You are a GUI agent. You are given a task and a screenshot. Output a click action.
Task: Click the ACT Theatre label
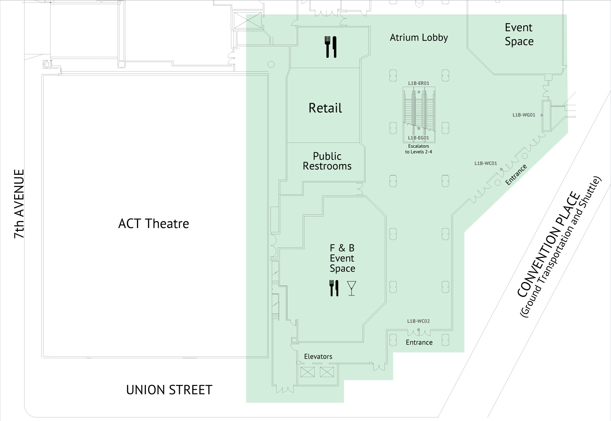tap(153, 223)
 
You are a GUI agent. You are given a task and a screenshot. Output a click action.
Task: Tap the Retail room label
tap(325, 108)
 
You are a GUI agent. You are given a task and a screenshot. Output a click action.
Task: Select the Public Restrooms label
tap(327, 161)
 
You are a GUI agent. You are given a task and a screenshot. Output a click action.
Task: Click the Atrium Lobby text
tap(419, 38)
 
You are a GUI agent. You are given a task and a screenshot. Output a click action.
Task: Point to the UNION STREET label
tap(169, 390)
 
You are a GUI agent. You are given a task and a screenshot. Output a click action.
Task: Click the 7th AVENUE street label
tap(19, 204)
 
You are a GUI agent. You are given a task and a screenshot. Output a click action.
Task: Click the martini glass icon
tap(352, 288)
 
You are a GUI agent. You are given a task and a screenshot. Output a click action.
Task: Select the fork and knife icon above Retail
tap(330, 47)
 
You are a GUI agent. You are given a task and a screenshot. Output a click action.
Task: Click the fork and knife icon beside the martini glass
tap(334, 288)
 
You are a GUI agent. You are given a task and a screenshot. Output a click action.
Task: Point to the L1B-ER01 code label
tap(419, 83)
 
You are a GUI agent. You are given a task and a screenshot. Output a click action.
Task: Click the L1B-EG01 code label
tap(419, 138)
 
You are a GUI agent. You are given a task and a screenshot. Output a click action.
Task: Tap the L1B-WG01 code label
tap(524, 115)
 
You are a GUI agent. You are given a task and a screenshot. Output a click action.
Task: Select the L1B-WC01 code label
tap(486, 163)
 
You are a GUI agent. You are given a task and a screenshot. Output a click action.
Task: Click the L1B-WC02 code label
tap(418, 321)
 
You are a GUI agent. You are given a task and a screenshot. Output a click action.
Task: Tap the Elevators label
tap(318, 356)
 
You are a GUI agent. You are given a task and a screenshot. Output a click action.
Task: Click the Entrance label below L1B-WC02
tap(419, 342)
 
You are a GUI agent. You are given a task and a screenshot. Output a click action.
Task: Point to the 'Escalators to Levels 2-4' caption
tap(419, 149)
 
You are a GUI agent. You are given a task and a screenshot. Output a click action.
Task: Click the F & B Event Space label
tap(342, 258)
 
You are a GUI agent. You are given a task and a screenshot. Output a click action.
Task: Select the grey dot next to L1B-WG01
tap(542, 115)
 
